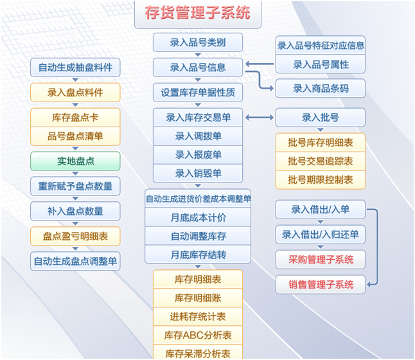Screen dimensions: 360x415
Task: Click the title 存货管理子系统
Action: pos(198,12)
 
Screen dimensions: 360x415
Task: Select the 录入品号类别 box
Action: pos(198,43)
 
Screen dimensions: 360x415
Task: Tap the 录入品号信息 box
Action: pos(198,67)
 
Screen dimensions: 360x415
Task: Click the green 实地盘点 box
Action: pos(75,161)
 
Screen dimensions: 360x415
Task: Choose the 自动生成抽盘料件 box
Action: pos(75,67)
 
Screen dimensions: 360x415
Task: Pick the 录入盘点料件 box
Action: pos(75,93)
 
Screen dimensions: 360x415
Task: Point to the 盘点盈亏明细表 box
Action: pos(75,236)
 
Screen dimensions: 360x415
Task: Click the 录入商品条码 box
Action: pos(321,89)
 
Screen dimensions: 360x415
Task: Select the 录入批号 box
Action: pos(321,118)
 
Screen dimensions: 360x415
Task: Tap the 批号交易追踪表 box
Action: pos(321,161)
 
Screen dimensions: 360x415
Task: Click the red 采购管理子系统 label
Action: pos(321,260)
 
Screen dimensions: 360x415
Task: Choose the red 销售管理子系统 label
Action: pos(321,285)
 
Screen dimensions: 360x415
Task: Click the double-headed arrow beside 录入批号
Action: pos(260,118)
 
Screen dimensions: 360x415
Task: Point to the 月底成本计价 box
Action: pos(198,218)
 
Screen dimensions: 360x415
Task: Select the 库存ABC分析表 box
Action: pos(198,335)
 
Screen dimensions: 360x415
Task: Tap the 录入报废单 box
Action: pos(198,155)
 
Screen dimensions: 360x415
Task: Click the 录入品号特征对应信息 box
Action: pos(321,46)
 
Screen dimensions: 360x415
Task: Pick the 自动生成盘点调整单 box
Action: pos(75,261)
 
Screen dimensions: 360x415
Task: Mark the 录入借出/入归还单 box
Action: pos(321,235)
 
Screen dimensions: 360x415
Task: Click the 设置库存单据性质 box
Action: pos(198,93)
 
